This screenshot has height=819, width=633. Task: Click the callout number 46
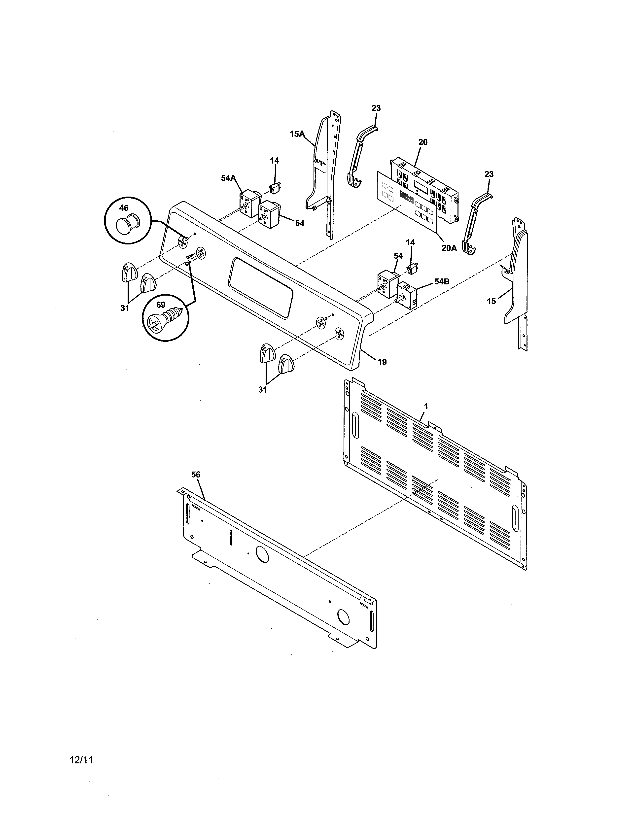[x=124, y=208]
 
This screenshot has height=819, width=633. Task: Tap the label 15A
[x=297, y=134]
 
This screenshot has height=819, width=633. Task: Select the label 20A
[x=449, y=248]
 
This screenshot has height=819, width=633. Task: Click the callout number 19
[x=382, y=362]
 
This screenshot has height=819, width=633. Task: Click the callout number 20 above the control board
[x=423, y=142]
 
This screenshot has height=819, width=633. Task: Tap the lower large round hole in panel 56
[x=344, y=616]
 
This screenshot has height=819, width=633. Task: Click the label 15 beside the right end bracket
[x=491, y=301]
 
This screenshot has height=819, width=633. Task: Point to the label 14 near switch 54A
[x=275, y=161]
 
